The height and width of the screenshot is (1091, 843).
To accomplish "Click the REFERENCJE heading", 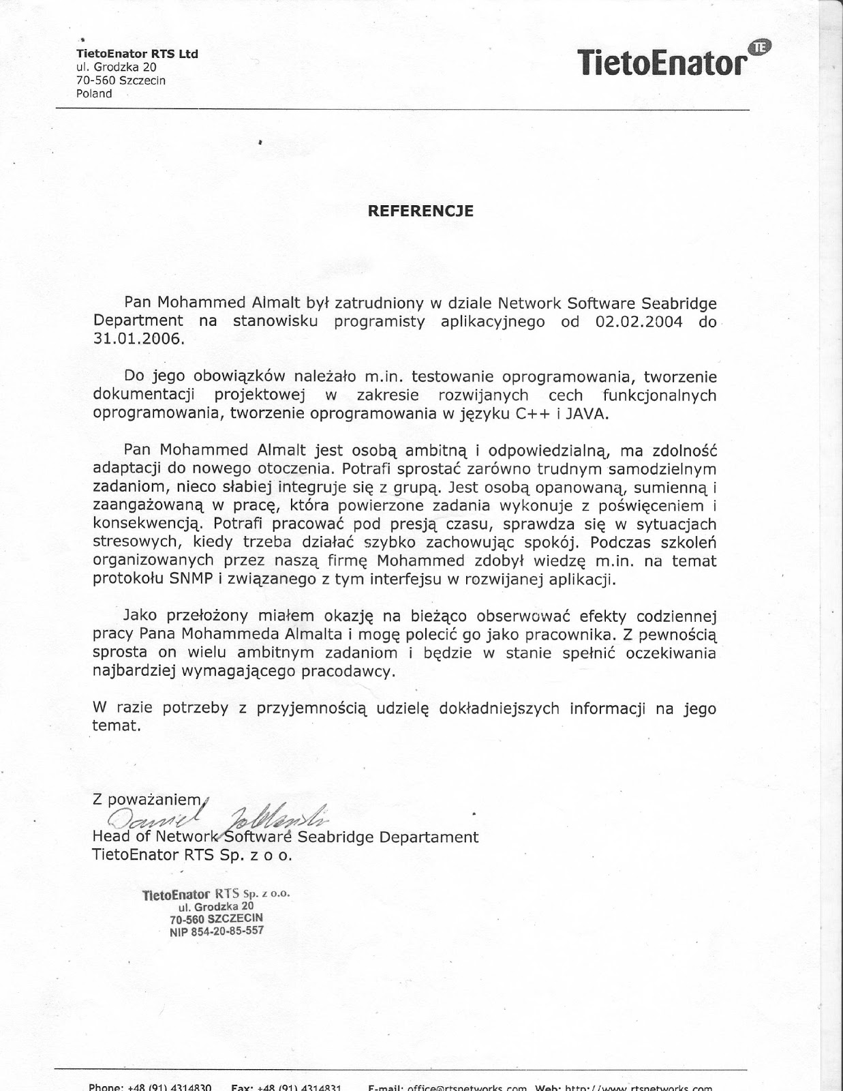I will point(420,211).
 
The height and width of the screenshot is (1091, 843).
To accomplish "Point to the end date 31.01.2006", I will point(138,339).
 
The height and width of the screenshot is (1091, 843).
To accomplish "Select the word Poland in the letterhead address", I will point(94,93).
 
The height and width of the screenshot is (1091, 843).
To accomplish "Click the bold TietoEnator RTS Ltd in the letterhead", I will point(137,54).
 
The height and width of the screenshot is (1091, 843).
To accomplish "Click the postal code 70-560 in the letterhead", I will point(95,80).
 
